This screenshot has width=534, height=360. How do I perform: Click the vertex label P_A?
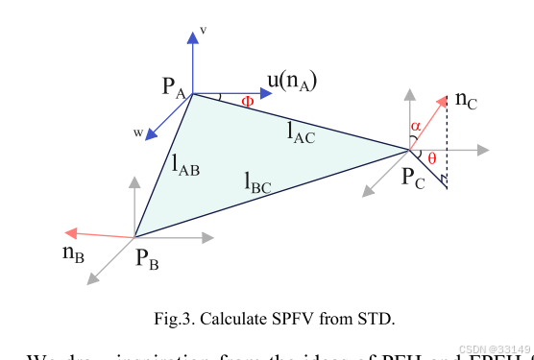tap(175, 88)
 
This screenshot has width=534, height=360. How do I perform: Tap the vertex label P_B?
tap(148, 257)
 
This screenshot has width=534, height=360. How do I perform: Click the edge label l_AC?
tap(302, 133)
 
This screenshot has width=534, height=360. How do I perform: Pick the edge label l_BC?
tap(257, 180)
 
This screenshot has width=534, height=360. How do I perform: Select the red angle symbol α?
tap(415, 126)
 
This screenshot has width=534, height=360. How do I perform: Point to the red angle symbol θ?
tap(432, 157)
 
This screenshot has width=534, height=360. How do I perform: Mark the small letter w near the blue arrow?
tap(137, 132)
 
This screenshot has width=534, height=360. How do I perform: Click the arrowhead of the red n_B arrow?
tap(68, 232)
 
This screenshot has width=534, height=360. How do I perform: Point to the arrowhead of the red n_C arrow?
tap(445, 99)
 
